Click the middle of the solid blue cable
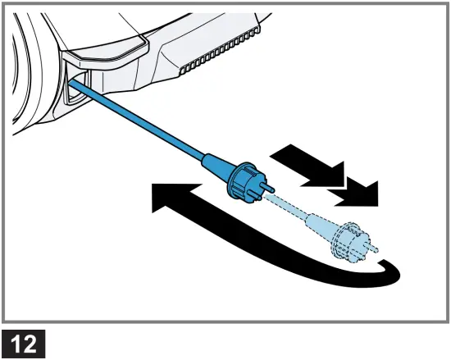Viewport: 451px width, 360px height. point(139,123)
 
